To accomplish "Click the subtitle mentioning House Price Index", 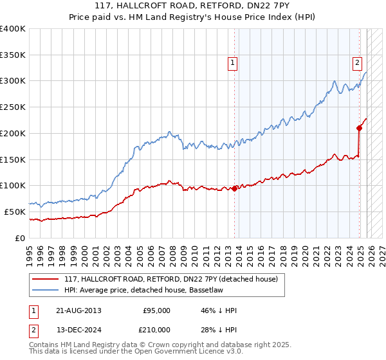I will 193,18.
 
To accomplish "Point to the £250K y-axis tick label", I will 13,107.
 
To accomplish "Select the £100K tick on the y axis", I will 13,185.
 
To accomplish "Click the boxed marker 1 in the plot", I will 232,62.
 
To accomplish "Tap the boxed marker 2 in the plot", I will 356,62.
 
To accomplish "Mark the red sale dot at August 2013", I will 235,188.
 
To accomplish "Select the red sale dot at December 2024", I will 360,128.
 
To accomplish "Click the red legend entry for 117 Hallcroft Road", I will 170,279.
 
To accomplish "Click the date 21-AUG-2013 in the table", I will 78,310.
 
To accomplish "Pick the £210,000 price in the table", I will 156,329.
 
